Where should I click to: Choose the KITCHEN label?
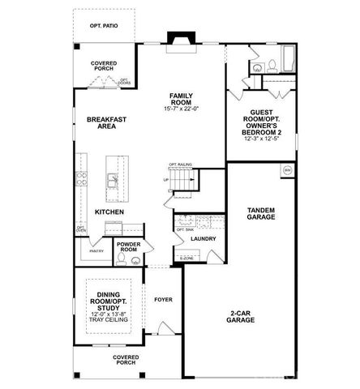109,212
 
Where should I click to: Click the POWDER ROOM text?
129,247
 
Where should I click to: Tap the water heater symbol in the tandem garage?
287,170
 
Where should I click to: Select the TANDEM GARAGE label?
261,214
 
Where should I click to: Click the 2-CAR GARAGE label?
241,317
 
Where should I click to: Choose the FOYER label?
163,299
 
